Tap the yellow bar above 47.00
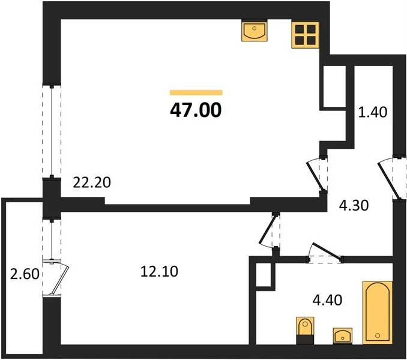coord(196,92)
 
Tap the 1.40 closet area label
coord(372,111)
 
